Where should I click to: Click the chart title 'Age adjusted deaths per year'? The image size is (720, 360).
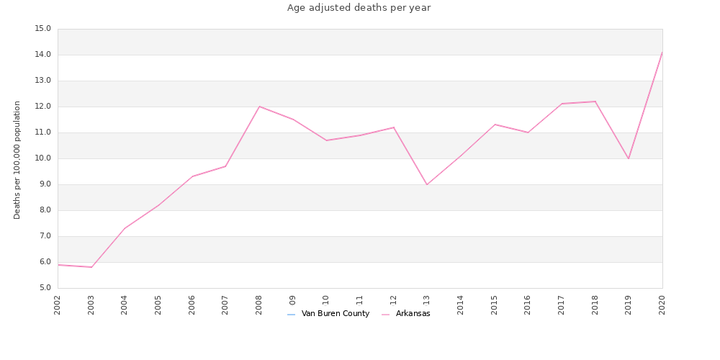[359, 8]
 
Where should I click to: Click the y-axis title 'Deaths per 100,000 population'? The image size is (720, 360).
[17, 160]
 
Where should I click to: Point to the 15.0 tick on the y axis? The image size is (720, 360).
[42, 29]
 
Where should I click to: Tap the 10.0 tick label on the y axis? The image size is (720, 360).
[42, 158]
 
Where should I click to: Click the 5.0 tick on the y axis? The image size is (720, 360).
[45, 288]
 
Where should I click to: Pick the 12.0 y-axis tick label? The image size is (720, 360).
[42, 107]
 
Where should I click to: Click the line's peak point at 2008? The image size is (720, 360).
[259, 107]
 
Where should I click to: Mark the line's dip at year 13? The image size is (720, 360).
[427, 184]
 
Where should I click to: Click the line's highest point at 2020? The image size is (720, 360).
[662, 53]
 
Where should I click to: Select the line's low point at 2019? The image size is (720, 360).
[629, 158]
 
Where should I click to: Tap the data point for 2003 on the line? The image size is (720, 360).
[91, 267]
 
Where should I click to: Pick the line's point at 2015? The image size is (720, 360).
[495, 125]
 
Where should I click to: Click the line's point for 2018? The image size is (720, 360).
[595, 102]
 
